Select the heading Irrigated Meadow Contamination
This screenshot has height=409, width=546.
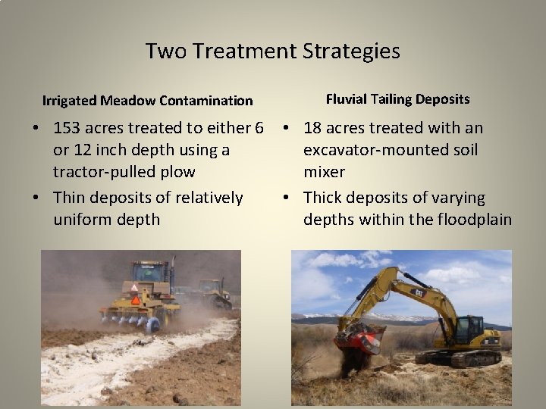[148, 100]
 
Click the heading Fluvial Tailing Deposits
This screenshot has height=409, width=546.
[397, 99]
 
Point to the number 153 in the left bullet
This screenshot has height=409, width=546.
[68, 128]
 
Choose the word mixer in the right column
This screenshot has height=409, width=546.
[325, 172]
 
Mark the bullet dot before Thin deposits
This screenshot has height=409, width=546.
[36, 198]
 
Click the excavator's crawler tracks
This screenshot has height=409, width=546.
[456, 356]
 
